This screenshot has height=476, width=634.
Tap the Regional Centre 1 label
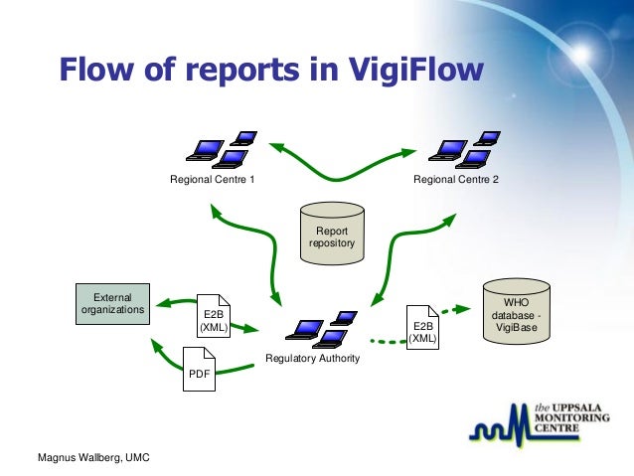pos(212,180)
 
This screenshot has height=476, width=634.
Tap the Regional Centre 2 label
pos(456,180)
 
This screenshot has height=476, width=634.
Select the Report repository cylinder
pos(332,235)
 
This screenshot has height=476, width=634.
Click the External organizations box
pos(112,303)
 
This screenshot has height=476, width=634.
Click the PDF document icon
pos(200,369)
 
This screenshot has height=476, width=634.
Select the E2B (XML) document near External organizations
pos(212,316)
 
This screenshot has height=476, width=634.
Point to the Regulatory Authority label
pos(312,358)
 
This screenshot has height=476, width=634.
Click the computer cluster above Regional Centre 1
pos(221,148)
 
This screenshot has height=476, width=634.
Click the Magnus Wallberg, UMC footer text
pos(87,458)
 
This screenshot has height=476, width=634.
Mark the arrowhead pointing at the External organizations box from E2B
pos(165,304)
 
